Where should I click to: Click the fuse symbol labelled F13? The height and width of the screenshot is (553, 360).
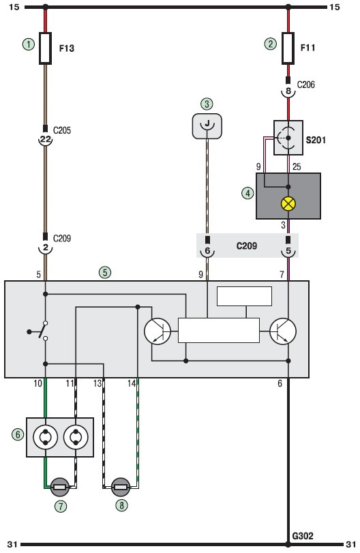point(45,48)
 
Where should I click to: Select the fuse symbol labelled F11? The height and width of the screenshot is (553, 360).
point(288,48)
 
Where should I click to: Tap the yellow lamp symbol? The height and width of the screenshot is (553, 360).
point(288,204)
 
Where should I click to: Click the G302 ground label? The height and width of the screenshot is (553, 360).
point(303,536)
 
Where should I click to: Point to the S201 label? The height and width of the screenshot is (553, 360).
point(316,140)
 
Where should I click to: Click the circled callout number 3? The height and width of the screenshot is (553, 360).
point(207,104)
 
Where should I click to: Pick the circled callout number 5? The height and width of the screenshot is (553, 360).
point(105,272)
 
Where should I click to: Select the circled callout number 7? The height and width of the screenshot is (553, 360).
point(61,507)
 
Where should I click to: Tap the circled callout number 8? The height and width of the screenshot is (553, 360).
point(121,505)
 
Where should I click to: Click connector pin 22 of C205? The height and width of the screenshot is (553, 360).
point(45,139)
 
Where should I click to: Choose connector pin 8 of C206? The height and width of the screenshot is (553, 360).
point(288,91)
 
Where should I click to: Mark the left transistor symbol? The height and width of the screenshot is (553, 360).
point(157,331)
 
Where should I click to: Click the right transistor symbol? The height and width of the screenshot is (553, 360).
point(283,331)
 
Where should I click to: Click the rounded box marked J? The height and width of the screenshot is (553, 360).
point(207,126)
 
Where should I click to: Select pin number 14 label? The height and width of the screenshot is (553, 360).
point(131,383)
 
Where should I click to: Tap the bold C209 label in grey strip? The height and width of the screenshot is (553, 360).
point(246,246)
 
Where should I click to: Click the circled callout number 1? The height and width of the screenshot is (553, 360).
point(29,44)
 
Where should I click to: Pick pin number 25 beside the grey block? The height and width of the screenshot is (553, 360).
point(297,166)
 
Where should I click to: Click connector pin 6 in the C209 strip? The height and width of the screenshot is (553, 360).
point(207,251)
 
